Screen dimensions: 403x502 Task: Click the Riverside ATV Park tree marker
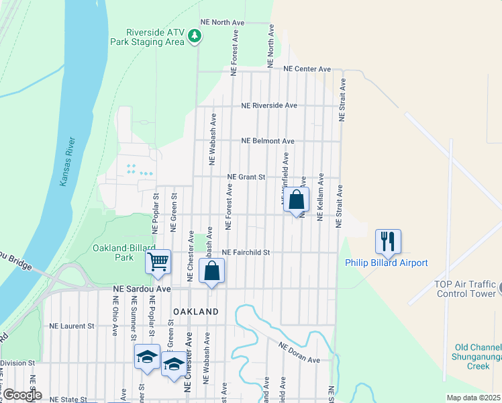pyautogui.click(x=194, y=35)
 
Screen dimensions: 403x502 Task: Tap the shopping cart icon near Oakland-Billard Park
pyautogui.click(x=158, y=261)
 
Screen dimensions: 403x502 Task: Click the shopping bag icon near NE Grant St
pyautogui.click(x=296, y=199)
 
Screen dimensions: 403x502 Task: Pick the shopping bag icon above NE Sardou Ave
pyautogui.click(x=211, y=271)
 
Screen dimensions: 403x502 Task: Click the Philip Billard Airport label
pyautogui.click(x=386, y=263)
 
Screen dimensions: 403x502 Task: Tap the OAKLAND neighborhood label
pyautogui.click(x=196, y=312)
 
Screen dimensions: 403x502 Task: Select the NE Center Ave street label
pyautogui.click(x=307, y=69)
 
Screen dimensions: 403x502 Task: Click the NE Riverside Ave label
pyautogui.click(x=269, y=105)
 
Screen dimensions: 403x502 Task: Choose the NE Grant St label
pyautogui.click(x=246, y=177)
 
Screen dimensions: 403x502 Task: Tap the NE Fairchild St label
pyautogui.click(x=246, y=253)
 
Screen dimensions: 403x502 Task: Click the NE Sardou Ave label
pyautogui.click(x=142, y=289)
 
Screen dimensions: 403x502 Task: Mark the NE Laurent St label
pyautogui.click(x=72, y=326)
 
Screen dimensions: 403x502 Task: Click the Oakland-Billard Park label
pyautogui.click(x=114, y=253)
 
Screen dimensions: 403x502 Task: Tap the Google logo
pyautogui.click(x=22, y=396)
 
